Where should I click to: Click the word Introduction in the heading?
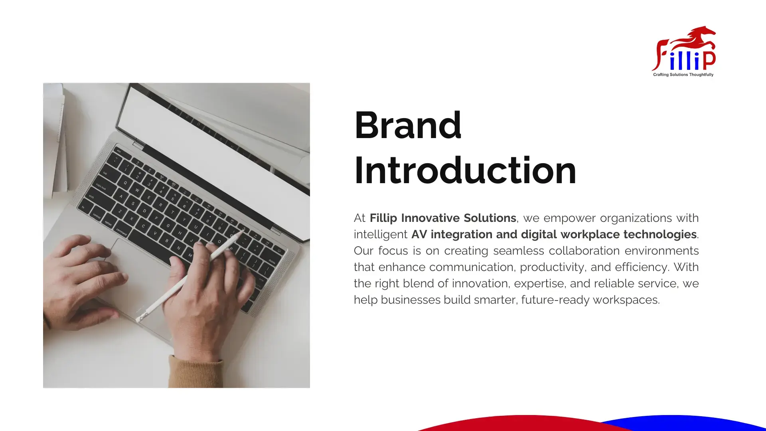tap(465, 170)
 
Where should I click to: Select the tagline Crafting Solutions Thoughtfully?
tap(683, 75)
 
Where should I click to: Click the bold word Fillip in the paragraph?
tap(383, 218)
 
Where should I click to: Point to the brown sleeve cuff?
tap(195, 371)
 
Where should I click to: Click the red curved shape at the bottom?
tap(519, 424)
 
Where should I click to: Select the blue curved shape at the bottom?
tap(686, 423)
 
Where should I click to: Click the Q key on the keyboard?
tap(125, 183)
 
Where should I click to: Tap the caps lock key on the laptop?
tap(101, 187)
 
